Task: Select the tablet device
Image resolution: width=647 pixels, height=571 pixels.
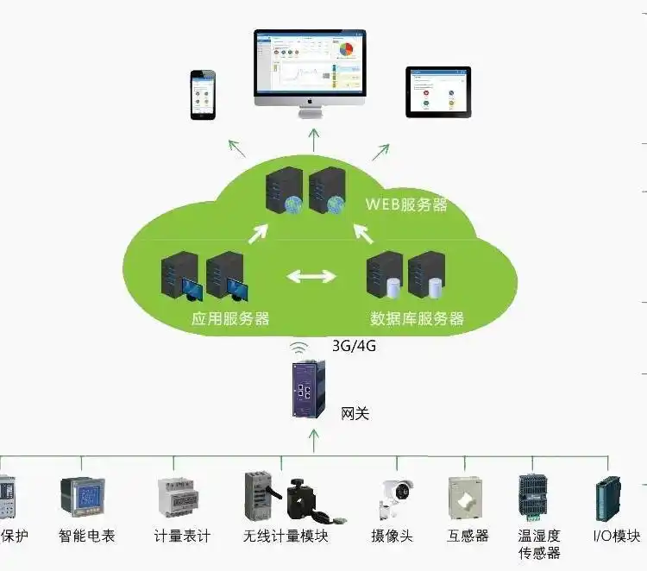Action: (438, 91)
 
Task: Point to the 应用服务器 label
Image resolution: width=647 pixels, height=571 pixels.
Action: (229, 319)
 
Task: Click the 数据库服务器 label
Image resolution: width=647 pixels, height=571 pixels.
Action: (417, 319)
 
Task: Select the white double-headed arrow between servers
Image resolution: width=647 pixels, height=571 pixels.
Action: (311, 277)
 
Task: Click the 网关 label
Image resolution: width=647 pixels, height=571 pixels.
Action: (355, 414)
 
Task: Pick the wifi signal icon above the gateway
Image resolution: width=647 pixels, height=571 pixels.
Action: (299, 348)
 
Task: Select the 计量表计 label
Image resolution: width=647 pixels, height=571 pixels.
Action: (182, 536)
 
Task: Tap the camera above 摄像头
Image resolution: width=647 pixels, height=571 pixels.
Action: (394, 497)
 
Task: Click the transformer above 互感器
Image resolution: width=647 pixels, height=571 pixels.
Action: (468, 498)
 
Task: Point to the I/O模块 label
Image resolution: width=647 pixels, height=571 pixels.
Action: (617, 536)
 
